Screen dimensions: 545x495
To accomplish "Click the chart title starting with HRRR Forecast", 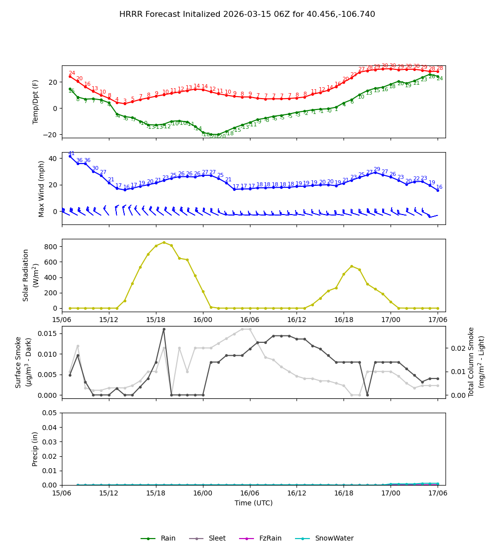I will [x=247, y=14].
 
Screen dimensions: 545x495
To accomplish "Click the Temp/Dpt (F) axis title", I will [x=36, y=102].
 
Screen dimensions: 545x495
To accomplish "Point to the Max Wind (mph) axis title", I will [x=42, y=188].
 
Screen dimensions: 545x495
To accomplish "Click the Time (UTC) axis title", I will [x=253, y=503].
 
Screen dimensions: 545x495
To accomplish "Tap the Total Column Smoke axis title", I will [x=471, y=362].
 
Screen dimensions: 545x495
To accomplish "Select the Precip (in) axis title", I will [x=36, y=449].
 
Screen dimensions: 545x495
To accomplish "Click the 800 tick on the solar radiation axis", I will [x=51, y=246].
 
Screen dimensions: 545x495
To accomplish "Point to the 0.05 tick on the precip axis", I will [x=49, y=413].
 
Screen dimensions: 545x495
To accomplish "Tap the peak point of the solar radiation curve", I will [x=164, y=242].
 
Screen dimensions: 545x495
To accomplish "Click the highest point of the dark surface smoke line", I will [x=164, y=329].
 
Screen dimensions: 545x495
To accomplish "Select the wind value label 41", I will [x=71, y=154].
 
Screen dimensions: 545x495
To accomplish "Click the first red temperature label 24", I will [x=72, y=73].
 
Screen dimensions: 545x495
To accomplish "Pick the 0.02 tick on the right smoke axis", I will [x=458, y=348].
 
